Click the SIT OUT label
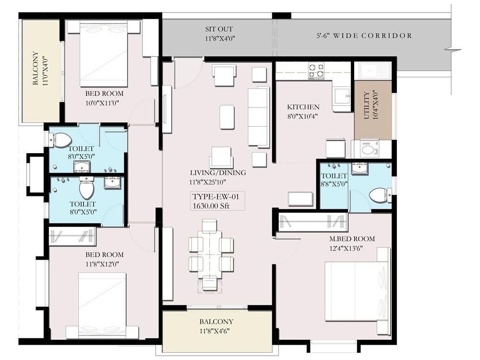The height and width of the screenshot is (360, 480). click(x=220, y=29)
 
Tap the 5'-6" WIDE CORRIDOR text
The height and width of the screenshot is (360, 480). click(x=364, y=36)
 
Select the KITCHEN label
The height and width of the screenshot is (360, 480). click(x=303, y=107)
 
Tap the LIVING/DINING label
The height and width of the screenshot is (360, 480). click(x=218, y=173)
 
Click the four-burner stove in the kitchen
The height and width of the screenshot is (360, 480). click(x=316, y=71)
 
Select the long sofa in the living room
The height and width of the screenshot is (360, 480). click(x=258, y=117)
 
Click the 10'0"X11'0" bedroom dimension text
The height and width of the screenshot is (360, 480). click(x=104, y=102)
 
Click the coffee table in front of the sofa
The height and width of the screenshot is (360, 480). click(x=227, y=117)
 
